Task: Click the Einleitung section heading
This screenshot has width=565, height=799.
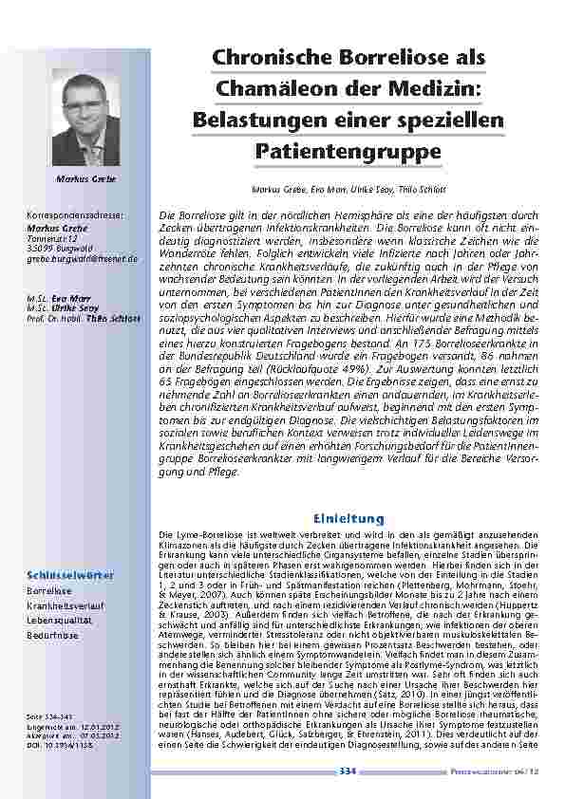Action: click(x=348, y=518)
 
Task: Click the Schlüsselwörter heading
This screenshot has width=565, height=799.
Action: click(x=71, y=575)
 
